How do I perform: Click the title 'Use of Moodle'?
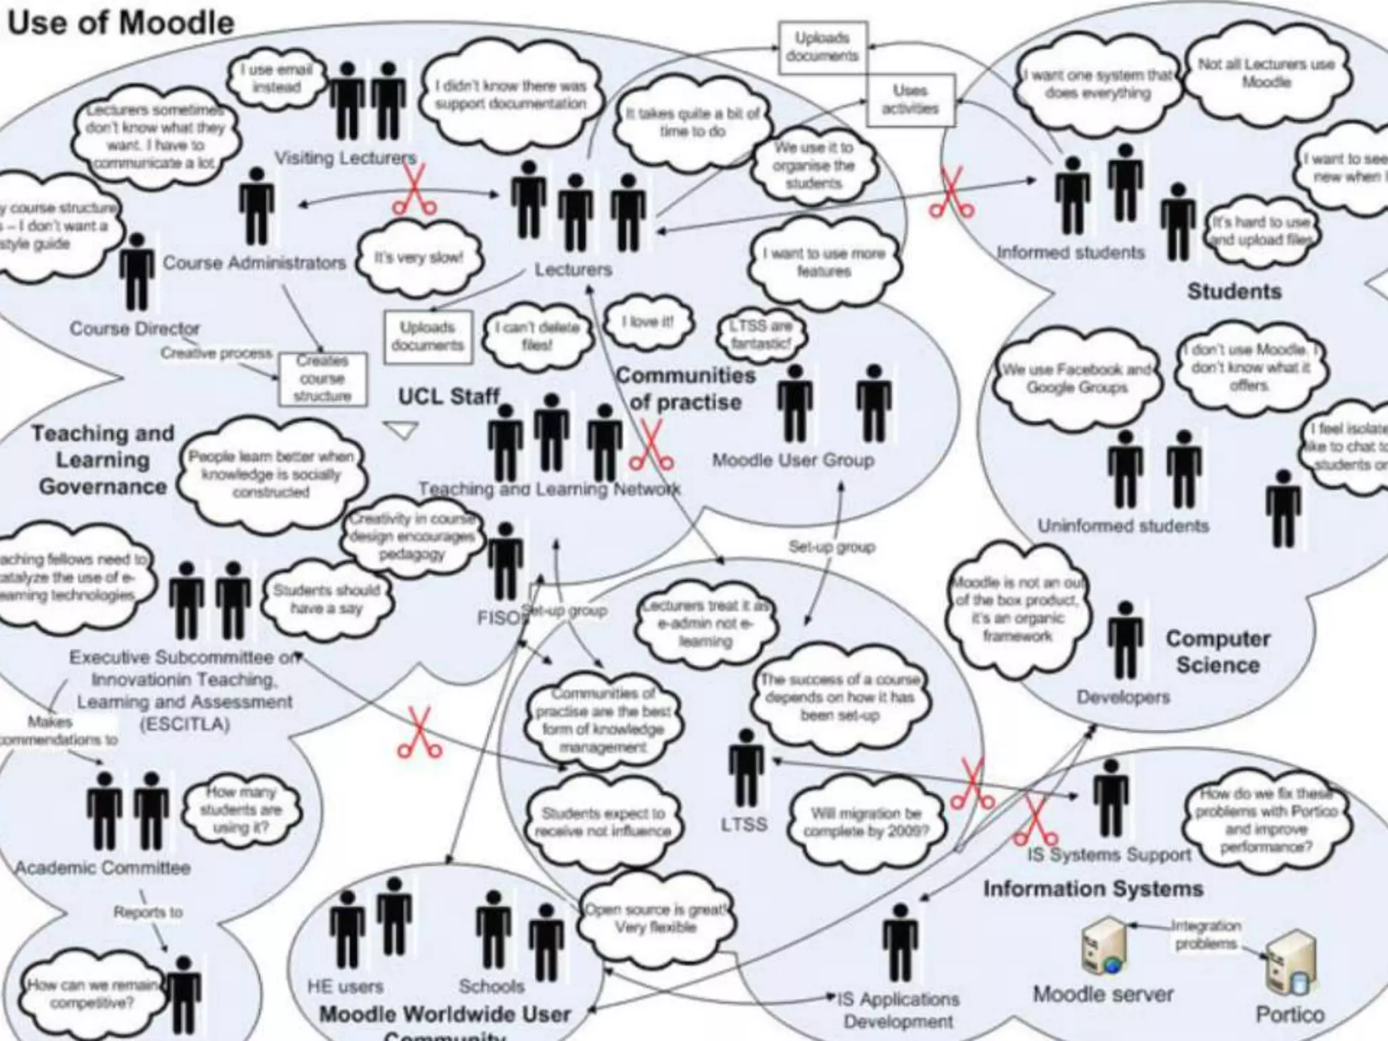[121, 23]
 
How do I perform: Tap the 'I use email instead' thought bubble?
[276, 79]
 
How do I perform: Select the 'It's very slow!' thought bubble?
[419, 258]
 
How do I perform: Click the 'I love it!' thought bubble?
[648, 323]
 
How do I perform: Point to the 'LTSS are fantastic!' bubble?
[760, 335]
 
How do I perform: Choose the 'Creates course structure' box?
[323, 379]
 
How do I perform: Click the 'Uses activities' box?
[910, 100]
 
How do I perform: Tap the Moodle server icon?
[1103, 947]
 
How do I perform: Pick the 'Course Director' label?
[135, 329]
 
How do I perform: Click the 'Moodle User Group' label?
[793, 461]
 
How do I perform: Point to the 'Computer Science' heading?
[1218, 651]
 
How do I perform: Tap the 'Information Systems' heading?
[1093, 889]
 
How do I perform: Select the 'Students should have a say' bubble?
[326, 600]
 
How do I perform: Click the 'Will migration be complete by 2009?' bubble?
[865, 822]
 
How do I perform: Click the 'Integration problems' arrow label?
[1206, 935]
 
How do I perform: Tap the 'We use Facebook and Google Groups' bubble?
[1076, 378]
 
